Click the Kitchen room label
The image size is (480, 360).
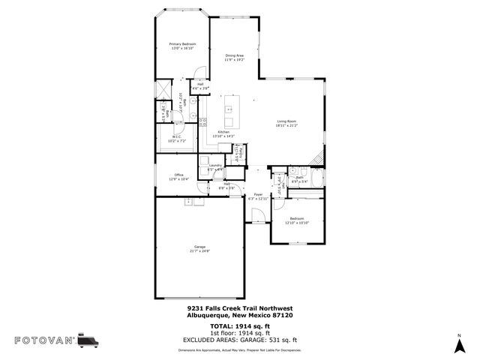click(223, 133)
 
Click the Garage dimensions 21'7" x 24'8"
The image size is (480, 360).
click(199, 250)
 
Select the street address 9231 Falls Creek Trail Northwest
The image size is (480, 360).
click(239, 308)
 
